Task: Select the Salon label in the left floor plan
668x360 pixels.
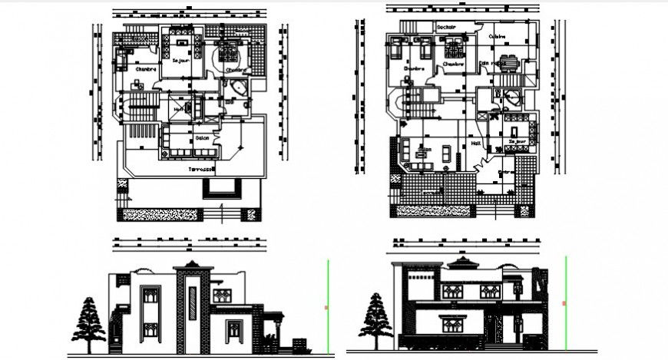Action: (x=203, y=138)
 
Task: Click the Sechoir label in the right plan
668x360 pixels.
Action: (x=446, y=28)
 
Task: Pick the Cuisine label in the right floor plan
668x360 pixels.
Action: (x=498, y=35)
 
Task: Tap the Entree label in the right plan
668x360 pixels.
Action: (x=506, y=172)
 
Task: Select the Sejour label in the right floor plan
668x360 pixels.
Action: (x=518, y=141)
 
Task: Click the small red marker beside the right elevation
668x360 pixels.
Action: (x=564, y=304)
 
